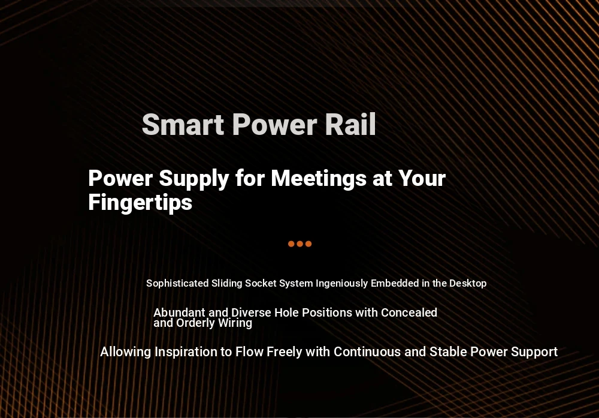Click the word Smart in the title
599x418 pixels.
point(183,125)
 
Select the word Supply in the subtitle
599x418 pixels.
point(194,179)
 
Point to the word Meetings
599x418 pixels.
point(319,179)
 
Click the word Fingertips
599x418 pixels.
point(140,203)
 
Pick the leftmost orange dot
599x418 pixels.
point(291,244)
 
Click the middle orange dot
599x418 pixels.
point(300,244)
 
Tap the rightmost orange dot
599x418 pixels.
point(308,244)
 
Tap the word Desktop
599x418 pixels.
point(468,284)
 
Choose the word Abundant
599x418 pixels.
point(180,312)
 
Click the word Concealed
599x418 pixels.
point(409,312)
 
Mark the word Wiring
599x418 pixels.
point(235,323)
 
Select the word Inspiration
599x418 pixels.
point(186,352)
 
